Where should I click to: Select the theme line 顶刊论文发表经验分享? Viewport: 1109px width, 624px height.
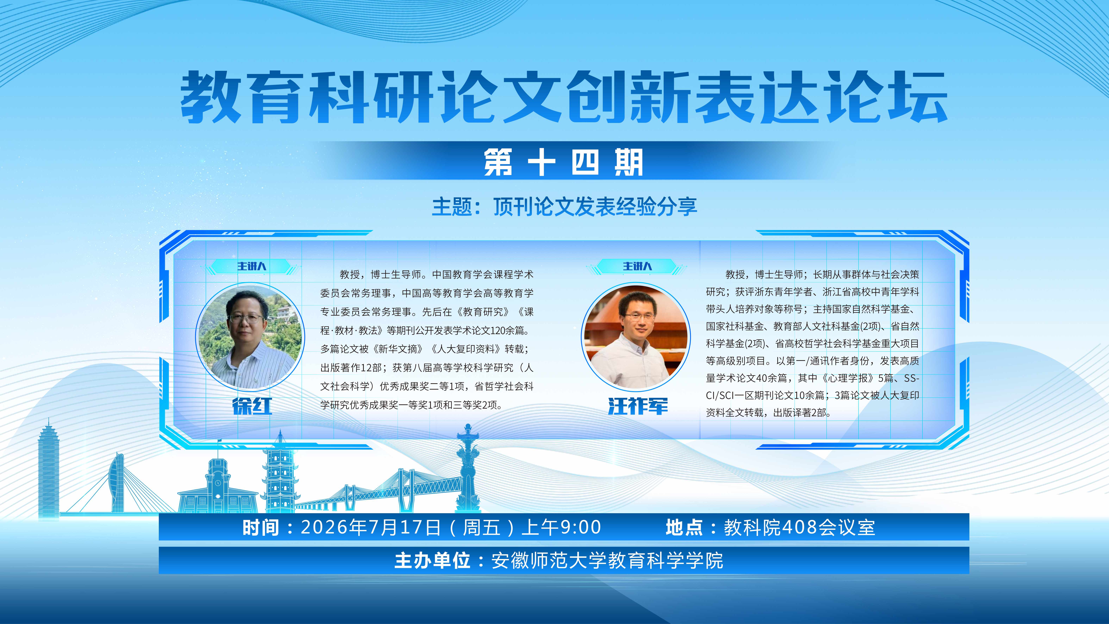point(595,207)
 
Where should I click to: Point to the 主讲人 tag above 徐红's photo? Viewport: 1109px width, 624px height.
point(252,266)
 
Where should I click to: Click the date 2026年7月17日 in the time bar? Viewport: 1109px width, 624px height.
point(371,527)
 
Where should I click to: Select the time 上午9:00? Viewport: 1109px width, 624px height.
point(561,527)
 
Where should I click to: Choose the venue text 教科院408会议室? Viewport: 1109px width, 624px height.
point(799,527)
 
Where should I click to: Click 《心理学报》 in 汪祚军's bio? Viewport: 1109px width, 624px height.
point(849,378)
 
